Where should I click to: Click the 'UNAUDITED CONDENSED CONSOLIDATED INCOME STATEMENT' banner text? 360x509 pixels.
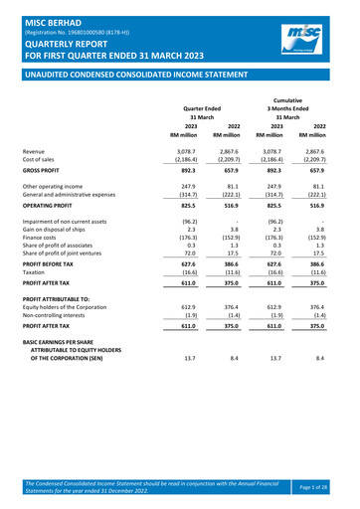pos(132,74)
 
